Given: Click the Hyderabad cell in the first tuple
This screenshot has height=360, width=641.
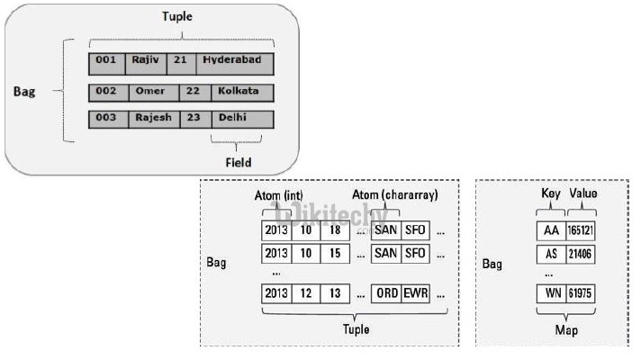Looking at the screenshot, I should pos(231,61).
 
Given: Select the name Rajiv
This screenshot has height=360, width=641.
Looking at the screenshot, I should pos(144,61).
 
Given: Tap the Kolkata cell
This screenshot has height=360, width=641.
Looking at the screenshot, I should pos(239,91).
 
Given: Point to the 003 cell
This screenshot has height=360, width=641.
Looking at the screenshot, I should pos(107,118).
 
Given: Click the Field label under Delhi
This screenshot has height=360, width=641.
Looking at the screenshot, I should pos(238,163).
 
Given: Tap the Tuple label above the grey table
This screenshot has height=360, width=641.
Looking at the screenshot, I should pos(176,17).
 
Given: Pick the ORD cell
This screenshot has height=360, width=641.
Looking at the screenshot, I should pos(386,292).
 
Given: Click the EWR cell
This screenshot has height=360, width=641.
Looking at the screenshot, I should pos(417,292).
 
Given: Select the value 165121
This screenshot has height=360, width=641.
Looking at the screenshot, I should pos(582,230).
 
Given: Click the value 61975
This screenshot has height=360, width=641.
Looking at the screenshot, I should pos(582,295).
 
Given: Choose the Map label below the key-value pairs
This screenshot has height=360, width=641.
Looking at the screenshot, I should pos(565,331).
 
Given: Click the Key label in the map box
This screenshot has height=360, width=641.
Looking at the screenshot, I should pos(550,193).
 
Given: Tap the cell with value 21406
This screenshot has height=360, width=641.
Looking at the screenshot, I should pos(582,255).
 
